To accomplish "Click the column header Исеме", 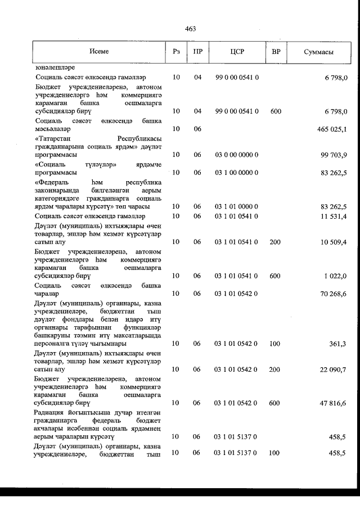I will coord(99,52).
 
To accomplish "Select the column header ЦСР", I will coord(236,52).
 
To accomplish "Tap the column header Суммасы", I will coord(318,52).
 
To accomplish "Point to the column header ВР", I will coord(276,52).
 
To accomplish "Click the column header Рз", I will coord(176,52).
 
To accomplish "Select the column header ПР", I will coord(197,52).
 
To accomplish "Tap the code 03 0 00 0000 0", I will coord(237,155).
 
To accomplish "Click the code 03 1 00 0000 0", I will coord(237,173).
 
